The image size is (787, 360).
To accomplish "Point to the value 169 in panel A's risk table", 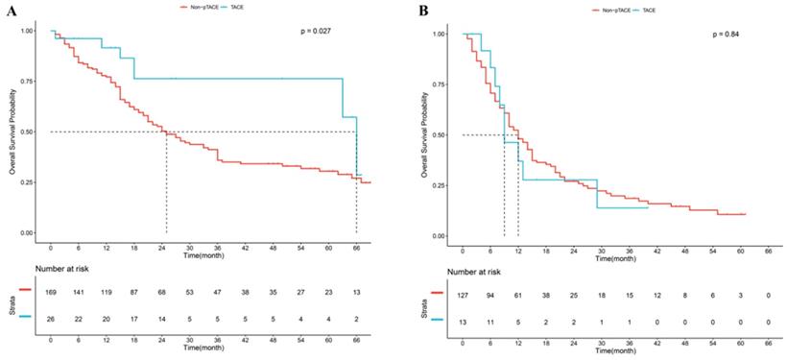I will [x=52, y=288].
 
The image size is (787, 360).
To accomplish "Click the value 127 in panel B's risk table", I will [x=464, y=296].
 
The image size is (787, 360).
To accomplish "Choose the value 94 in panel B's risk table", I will [x=491, y=296].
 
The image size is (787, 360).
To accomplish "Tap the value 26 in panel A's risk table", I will [x=52, y=315].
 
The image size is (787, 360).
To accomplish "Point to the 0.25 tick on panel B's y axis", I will [x=438, y=185].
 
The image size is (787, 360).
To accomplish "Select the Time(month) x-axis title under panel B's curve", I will [x=614, y=258].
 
